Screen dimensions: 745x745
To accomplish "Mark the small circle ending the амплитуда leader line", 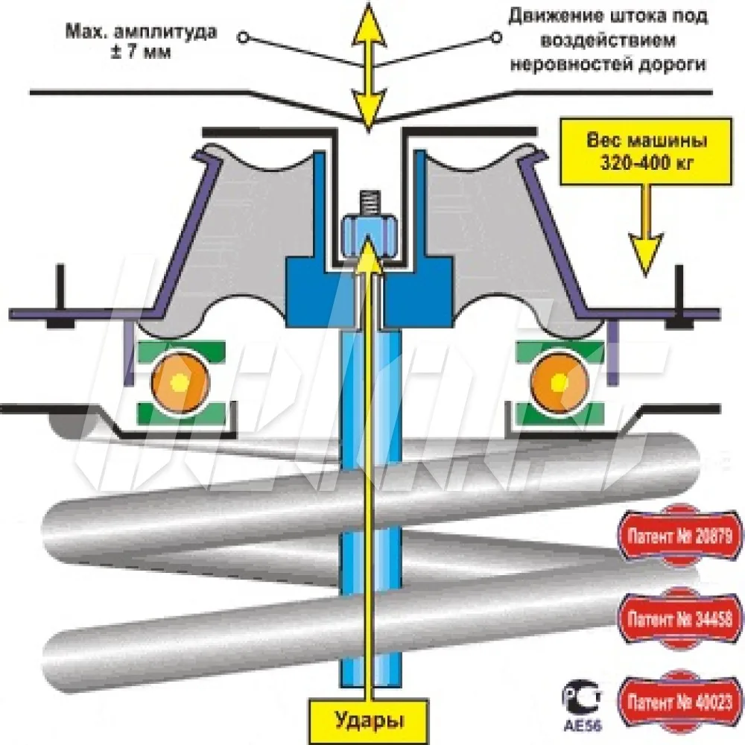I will point(244,36).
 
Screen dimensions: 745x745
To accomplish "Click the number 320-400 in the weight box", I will point(629,164).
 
